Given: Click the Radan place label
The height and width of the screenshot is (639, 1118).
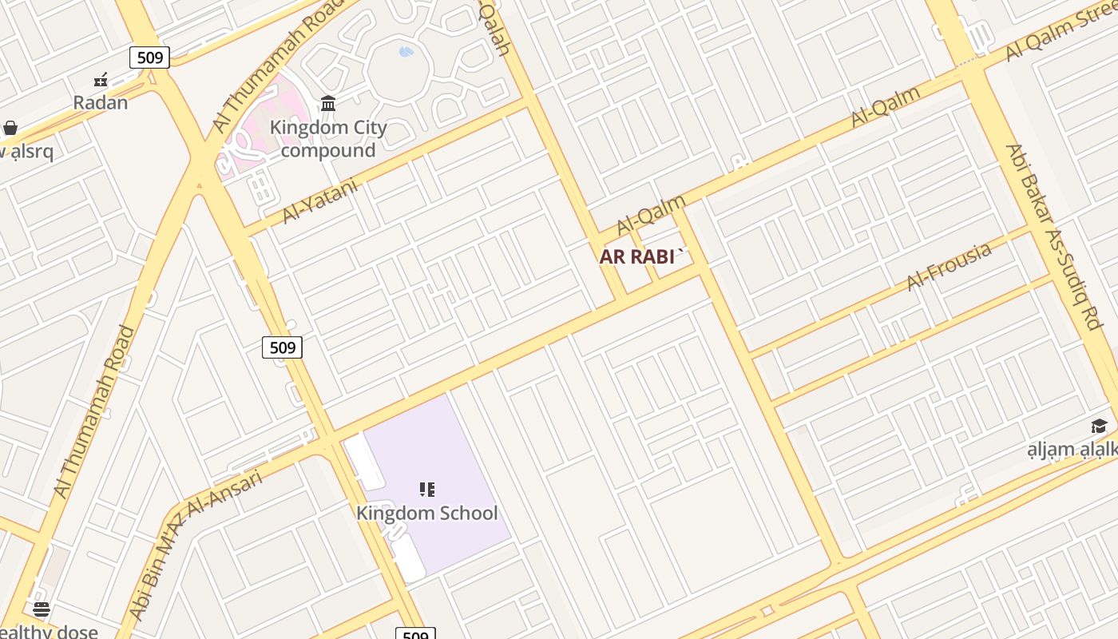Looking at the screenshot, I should pos(101,102).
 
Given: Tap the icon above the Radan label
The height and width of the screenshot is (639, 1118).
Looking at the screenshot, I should pos(101,80).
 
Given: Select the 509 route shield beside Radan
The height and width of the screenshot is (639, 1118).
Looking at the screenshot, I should pos(149,57).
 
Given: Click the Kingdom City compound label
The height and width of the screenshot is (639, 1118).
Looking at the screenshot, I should pos(328,139).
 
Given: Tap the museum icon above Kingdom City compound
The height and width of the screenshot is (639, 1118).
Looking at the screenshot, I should pos(327,103).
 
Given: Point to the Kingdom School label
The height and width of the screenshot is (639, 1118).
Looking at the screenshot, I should pos(426,513).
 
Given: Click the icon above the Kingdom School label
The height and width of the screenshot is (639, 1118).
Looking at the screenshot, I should pos(427,489).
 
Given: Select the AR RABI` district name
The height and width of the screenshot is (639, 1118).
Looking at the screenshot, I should pos(642,256).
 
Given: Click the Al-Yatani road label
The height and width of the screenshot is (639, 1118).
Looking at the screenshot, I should pos(319,200).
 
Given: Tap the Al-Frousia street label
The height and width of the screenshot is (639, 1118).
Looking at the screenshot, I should pos(950,266).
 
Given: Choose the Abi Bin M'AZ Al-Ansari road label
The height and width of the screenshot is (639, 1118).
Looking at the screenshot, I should pos(195,544).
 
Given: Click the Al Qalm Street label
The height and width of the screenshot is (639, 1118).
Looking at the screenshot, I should pos(1059,33).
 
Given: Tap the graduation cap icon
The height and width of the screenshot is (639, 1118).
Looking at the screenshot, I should pos(1100,426).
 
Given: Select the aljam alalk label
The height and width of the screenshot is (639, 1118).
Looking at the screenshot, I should pos(1072,450).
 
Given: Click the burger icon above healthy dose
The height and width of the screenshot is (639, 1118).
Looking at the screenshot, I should pos(42,609).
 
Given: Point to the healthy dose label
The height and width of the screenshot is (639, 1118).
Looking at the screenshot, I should pos(48,632).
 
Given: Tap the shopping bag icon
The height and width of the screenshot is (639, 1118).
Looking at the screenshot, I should pos(10,128).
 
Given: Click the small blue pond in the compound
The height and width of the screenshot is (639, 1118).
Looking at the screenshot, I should pos(406,52).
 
